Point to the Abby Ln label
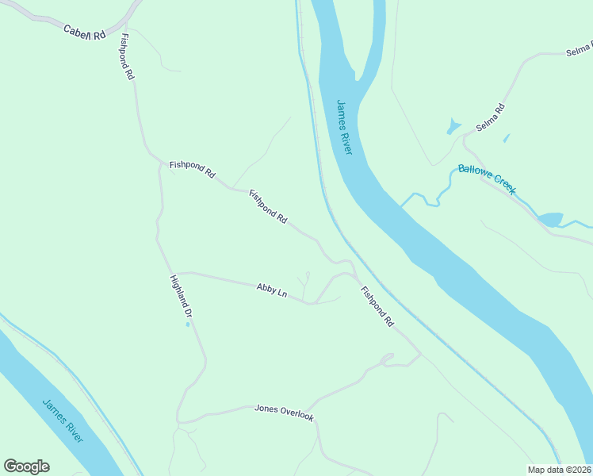[x=271, y=290]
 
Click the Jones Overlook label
[x=284, y=413]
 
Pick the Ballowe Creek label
[x=487, y=178]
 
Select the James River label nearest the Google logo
[x=64, y=421]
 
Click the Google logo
[x=26, y=466]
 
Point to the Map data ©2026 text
[x=559, y=470]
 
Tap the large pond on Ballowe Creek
[x=549, y=219]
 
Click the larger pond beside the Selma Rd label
[x=453, y=126]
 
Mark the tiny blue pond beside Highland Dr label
[x=188, y=324]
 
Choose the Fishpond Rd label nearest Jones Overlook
[x=377, y=307]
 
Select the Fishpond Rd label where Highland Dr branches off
[x=192, y=169]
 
